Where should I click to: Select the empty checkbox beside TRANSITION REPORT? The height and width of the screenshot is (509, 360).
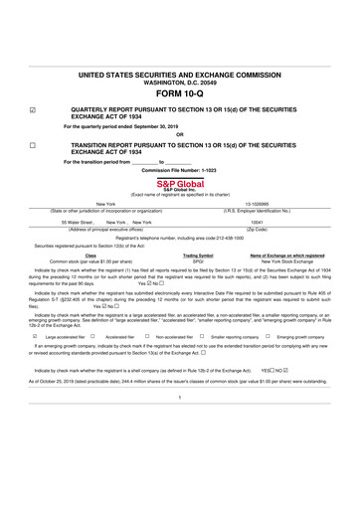(33, 145)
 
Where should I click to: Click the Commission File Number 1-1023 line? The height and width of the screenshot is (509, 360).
(180, 171)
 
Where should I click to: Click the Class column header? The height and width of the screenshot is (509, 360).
(90, 255)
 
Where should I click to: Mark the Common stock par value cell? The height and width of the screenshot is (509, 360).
(90, 261)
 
